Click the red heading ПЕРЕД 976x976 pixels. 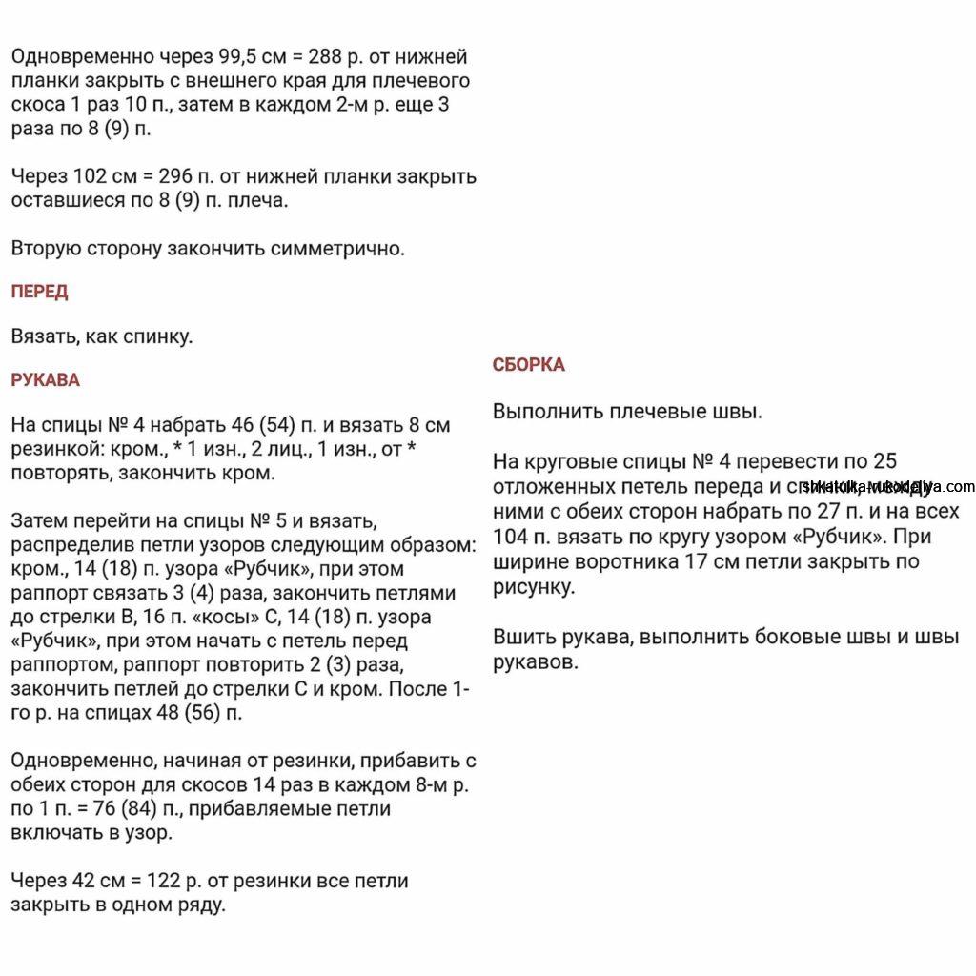(39, 292)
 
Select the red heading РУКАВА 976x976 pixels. (45, 380)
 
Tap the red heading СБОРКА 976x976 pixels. (528, 364)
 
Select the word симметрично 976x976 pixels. (337, 249)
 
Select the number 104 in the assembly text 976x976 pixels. (511, 536)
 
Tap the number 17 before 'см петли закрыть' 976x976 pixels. (695, 560)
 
